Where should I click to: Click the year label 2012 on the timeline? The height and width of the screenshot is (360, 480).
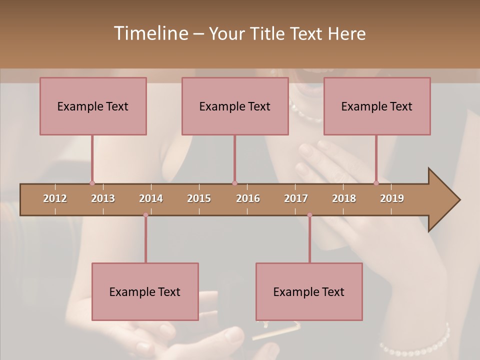pyautogui.click(x=55, y=198)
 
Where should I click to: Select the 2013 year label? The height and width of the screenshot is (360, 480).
pyautogui.click(x=103, y=198)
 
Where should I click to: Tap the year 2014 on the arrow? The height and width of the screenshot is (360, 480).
pyautogui.click(x=151, y=198)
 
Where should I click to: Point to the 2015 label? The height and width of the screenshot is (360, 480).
pyautogui.click(x=199, y=198)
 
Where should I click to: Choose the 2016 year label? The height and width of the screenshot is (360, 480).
pyautogui.click(x=248, y=198)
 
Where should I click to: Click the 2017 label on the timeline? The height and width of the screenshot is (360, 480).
pyautogui.click(x=296, y=198)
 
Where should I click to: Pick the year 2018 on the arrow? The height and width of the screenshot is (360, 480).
pyautogui.click(x=344, y=198)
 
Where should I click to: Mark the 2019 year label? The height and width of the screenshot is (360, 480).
pyautogui.click(x=392, y=198)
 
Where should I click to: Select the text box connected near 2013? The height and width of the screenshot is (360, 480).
pyautogui.click(x=93, y=106)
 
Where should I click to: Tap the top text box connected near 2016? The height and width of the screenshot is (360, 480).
pyautogui.click(x=235, y=106)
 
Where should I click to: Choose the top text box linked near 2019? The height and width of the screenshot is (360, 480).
pyautogui.click(x=377, y=106)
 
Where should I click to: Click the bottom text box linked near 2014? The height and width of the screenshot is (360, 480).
pyautogui.click(x=145, y=291)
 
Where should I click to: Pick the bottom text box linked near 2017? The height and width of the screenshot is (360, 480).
pyautogui.click(x=309, y=291)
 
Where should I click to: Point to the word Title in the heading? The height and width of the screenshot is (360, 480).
pyautogui.click(x=270, y=33)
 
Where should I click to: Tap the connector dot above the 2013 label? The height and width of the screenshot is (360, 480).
pyautogui.click(x=92, y=183)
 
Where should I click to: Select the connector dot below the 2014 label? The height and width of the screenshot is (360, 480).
pyautogui.click(x=145, y=215)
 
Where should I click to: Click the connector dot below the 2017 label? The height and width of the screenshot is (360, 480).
pyautogui.click(x=309, y=215)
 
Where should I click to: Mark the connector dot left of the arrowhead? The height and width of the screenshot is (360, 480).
pyautogui.click(x=376, y=183)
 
